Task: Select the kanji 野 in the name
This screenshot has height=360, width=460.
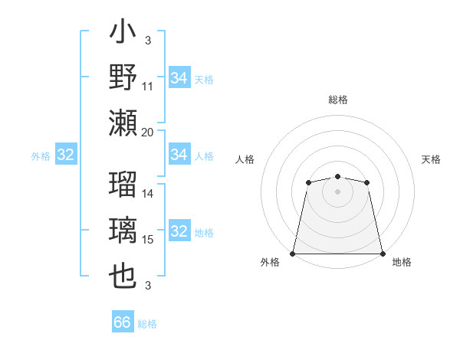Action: [123, 79]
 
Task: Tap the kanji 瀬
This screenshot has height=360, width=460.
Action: [123, 122]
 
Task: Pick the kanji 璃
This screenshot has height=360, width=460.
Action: [123, 231]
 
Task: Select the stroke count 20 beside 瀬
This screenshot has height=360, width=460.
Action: [148, 132]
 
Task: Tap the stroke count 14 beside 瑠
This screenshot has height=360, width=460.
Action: [148, 194]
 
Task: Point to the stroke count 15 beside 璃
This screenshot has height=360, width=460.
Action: [148, 240]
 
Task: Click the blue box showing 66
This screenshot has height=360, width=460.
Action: [123, 322]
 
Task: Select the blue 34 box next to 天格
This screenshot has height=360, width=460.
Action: [179, 78]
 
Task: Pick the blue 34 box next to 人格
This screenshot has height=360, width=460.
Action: [179, 155]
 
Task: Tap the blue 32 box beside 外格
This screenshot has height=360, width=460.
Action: [65, 155]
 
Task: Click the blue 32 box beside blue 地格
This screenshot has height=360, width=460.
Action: [179, 232]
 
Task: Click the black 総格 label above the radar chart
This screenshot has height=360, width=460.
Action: [337, 100]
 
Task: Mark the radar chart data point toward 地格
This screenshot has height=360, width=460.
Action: [383, 254]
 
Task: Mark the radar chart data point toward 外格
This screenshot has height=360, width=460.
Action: [292, 254]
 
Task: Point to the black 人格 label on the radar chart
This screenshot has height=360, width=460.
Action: [245, 159]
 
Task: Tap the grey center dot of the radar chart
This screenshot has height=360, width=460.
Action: [337, 191]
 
